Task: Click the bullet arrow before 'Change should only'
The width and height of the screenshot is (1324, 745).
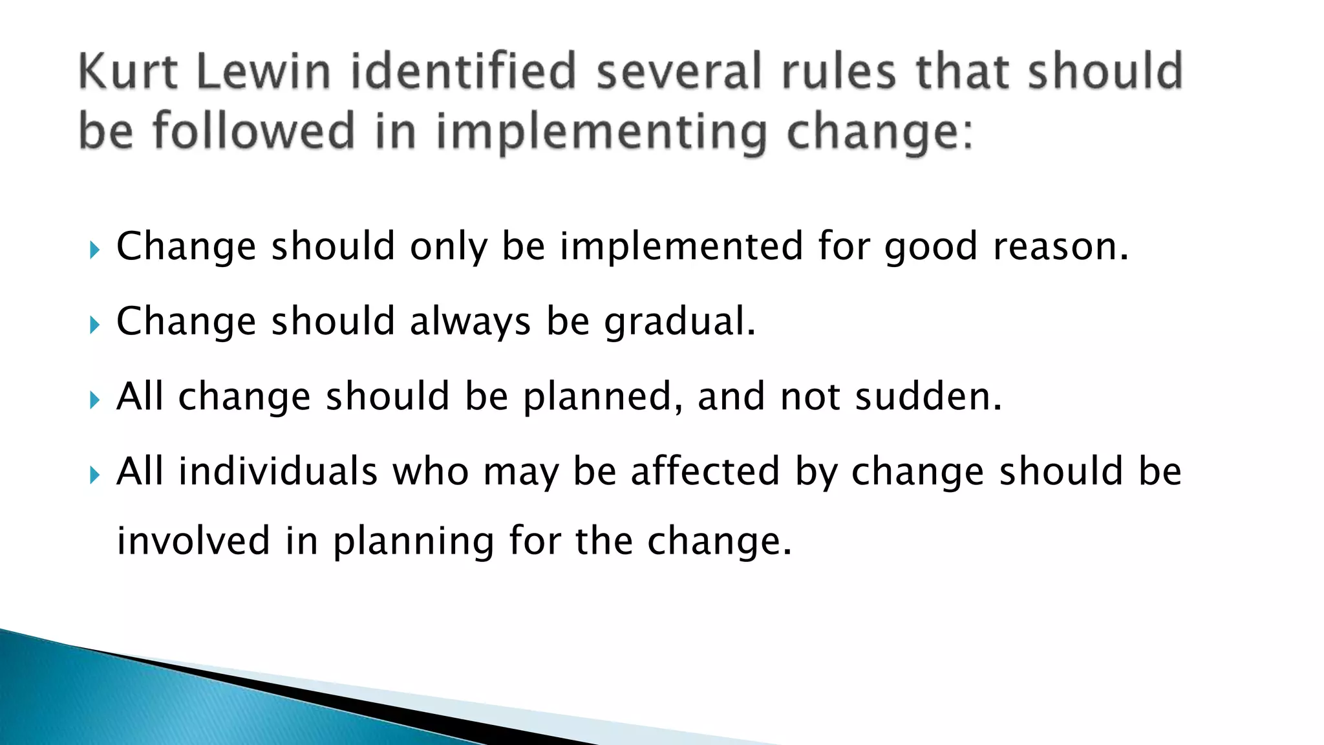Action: pos(94,250)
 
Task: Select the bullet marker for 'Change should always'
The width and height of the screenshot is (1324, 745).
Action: pos(94,325)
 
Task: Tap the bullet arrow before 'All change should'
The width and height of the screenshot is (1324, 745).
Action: pos(94,400)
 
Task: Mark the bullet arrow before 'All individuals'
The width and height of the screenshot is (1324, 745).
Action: pos(94,475)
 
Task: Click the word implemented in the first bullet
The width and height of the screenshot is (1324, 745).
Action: pos(681,247)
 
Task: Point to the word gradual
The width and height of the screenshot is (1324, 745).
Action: pos(679,322)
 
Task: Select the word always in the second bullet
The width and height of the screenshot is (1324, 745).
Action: pos(470,322)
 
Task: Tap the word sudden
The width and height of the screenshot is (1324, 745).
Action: pos(928,397)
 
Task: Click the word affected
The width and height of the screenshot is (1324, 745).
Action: pos(705,471)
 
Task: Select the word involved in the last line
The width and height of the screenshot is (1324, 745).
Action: pos(193,541)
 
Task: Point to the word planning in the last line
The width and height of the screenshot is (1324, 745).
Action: pos(414,543)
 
